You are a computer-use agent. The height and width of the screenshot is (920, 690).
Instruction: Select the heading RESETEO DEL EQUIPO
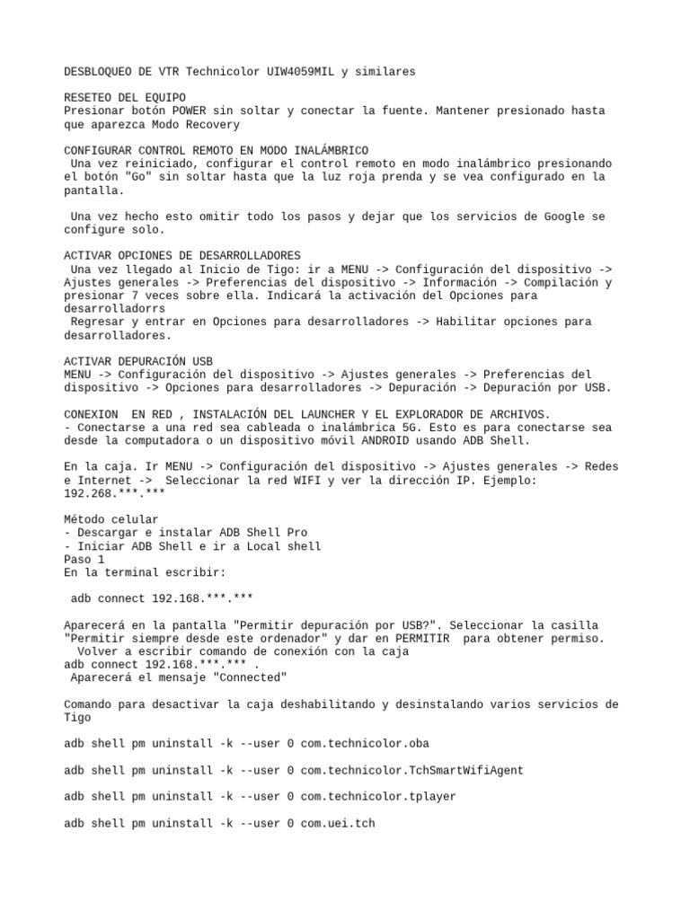125,97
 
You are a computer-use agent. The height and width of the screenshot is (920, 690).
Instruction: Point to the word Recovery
209,124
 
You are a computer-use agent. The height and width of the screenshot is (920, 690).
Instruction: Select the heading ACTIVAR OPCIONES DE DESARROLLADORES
182,256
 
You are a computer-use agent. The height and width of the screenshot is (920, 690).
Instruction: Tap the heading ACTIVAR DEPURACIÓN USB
138,361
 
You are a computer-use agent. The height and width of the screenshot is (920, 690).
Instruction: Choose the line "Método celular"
111,519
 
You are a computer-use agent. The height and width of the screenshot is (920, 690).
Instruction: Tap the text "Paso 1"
84,559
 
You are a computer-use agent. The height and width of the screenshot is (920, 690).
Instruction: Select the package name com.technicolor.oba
367,744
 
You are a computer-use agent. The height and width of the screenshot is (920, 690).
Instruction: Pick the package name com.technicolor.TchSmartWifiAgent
411,770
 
